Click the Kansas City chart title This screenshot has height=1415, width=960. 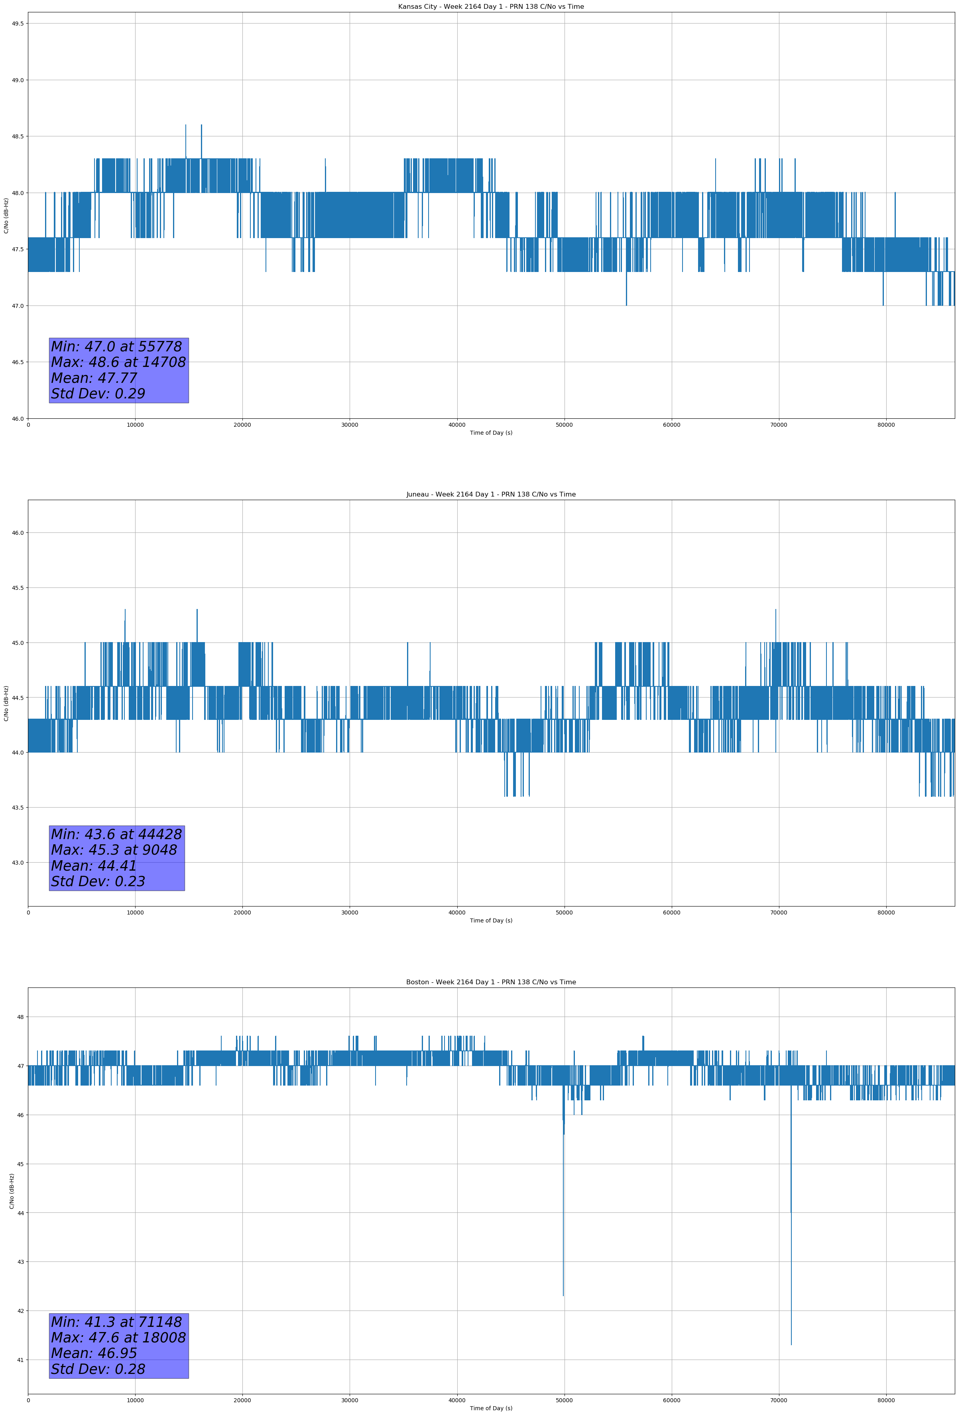[491, 7]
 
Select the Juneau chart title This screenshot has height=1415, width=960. [491, 495]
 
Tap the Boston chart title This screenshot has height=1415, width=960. [491, 982]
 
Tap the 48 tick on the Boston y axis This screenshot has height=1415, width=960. [21, 1017]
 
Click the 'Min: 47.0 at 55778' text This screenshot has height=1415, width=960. [116, 347]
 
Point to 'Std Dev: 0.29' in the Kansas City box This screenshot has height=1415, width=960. [98, 394]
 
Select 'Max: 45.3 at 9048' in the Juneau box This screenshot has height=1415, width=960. [114, 850]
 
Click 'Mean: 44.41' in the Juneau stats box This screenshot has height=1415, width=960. [94, 866]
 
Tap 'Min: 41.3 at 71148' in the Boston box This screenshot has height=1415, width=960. [116, 1322]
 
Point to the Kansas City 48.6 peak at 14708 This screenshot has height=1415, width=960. [186, 125]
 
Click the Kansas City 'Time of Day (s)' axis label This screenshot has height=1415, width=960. [491, 433]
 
